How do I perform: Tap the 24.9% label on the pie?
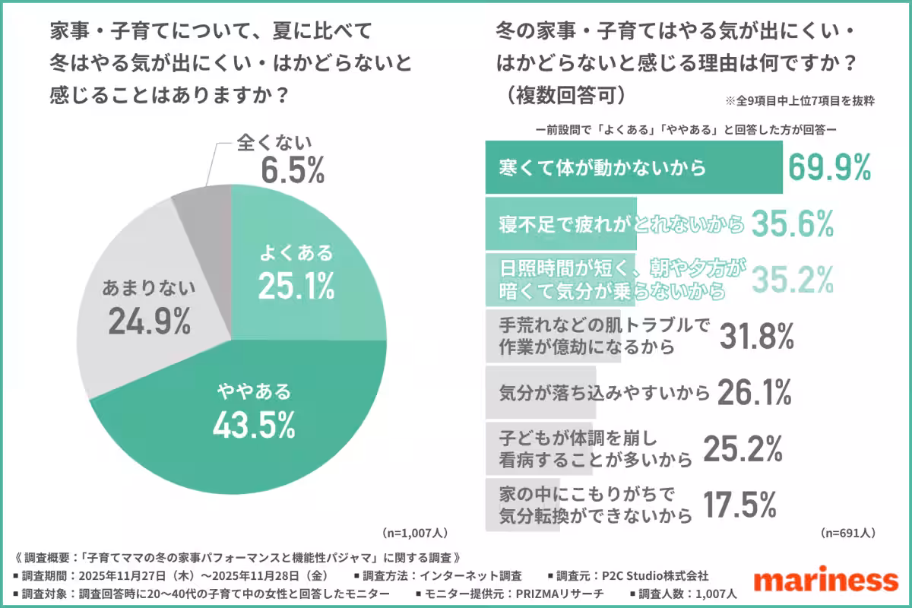tap(148, 322)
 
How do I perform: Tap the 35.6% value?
tap(793, 223)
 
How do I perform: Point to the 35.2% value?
tap(793, 279)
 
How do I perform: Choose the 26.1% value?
tap(752, 392)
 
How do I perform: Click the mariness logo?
tap(825, 579)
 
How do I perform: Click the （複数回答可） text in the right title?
tap(562, 97)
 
